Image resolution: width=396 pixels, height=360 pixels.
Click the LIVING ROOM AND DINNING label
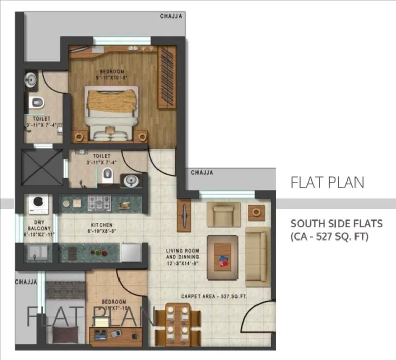point(182,254)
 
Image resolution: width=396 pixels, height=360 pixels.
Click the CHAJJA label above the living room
point(202,173)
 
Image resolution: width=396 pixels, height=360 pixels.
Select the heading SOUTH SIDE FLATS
point(329,224)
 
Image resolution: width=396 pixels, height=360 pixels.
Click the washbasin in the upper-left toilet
point(30,79)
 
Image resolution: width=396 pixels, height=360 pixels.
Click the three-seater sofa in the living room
point(256,258)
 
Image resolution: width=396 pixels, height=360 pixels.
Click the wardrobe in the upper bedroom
point(166,77)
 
